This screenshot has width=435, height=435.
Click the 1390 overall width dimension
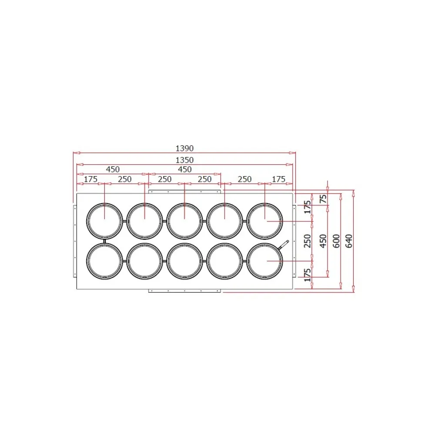pyautogui.click(x=184, y=148)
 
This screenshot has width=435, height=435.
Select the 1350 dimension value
pyautogui.click(x=184, y=160)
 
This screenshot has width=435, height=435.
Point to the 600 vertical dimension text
pyautogui.click(x=336, y=240)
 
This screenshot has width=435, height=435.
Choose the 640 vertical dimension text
pyautogui.click(x=349, y=240)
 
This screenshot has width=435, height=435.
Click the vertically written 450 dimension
pyautogui.click(x=322, y=240)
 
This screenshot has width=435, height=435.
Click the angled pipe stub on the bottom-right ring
pyautogui.click(x=284, y=245)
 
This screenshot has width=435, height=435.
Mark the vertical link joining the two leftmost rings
pyautogui.click(x=105, y=241)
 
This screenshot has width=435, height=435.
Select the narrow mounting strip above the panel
pyautogui.click(x=184, y=191)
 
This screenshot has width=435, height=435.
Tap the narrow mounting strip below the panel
pyautogui.click(x=184, y=291)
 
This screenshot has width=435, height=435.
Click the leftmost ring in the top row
pyautogui.click(x=105, y=221)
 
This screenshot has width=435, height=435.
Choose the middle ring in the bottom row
pyautogui.click(x=184, y=261)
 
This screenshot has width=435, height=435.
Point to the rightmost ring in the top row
pyautogui.click(x=264, y=221)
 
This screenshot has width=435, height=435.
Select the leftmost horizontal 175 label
pyautogui.click(x=90, y=179)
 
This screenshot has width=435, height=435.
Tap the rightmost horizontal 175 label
pyautogui.click(x=278, y=179)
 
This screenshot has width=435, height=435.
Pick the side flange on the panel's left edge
pyautogui.click(x=74, y=241)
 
